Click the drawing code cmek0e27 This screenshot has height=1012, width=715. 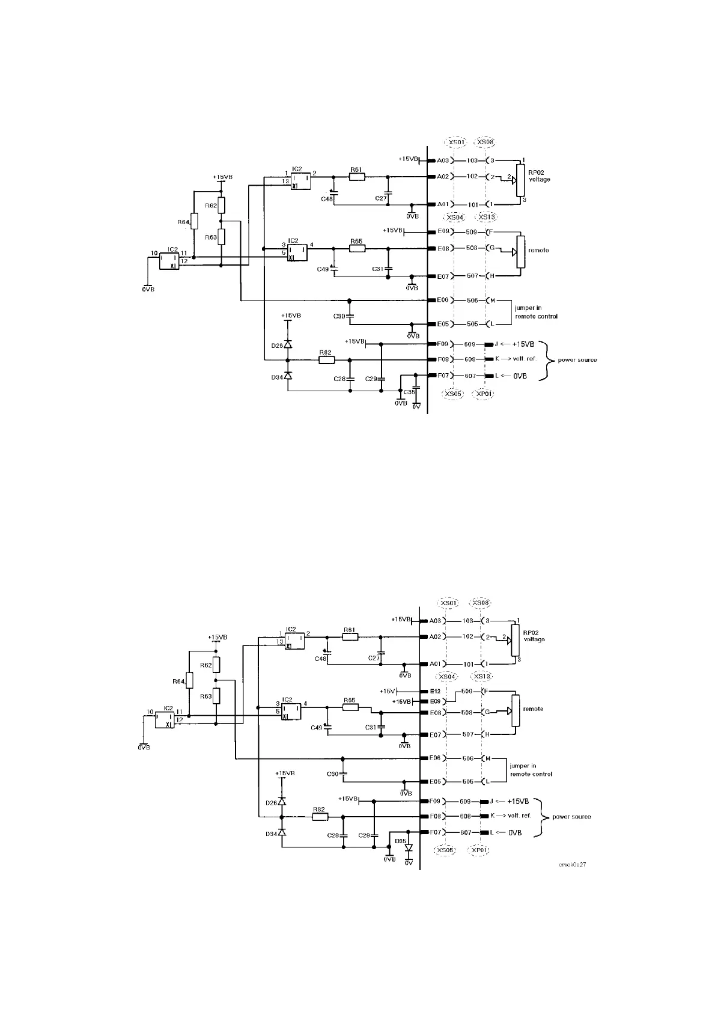point(573,864)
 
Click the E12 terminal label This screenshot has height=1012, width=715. point(435,691)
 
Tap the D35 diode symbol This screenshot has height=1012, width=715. point(409,849)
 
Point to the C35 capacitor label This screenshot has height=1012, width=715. point(409,392)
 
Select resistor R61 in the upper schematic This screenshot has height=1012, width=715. point(357,177)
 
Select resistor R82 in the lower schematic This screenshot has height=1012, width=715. point(320,817)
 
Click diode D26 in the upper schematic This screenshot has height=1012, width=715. point(288,345)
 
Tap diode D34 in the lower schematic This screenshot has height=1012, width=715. point(282,832)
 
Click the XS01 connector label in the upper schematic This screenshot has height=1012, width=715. point(455,142)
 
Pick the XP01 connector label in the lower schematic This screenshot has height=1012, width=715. point(479,851)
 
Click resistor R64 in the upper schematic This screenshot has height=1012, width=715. point(194,222)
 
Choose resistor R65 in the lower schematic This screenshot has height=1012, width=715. point(350,707)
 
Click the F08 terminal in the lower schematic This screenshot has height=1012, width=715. point(435,817)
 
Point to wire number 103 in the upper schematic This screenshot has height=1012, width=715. point(472,160)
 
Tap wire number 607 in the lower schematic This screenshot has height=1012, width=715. point(465,832)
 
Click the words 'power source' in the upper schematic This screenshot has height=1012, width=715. point(577,360)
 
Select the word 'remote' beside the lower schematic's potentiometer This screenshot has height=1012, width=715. point(533,709)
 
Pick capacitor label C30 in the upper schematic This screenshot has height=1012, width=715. point(339,315)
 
